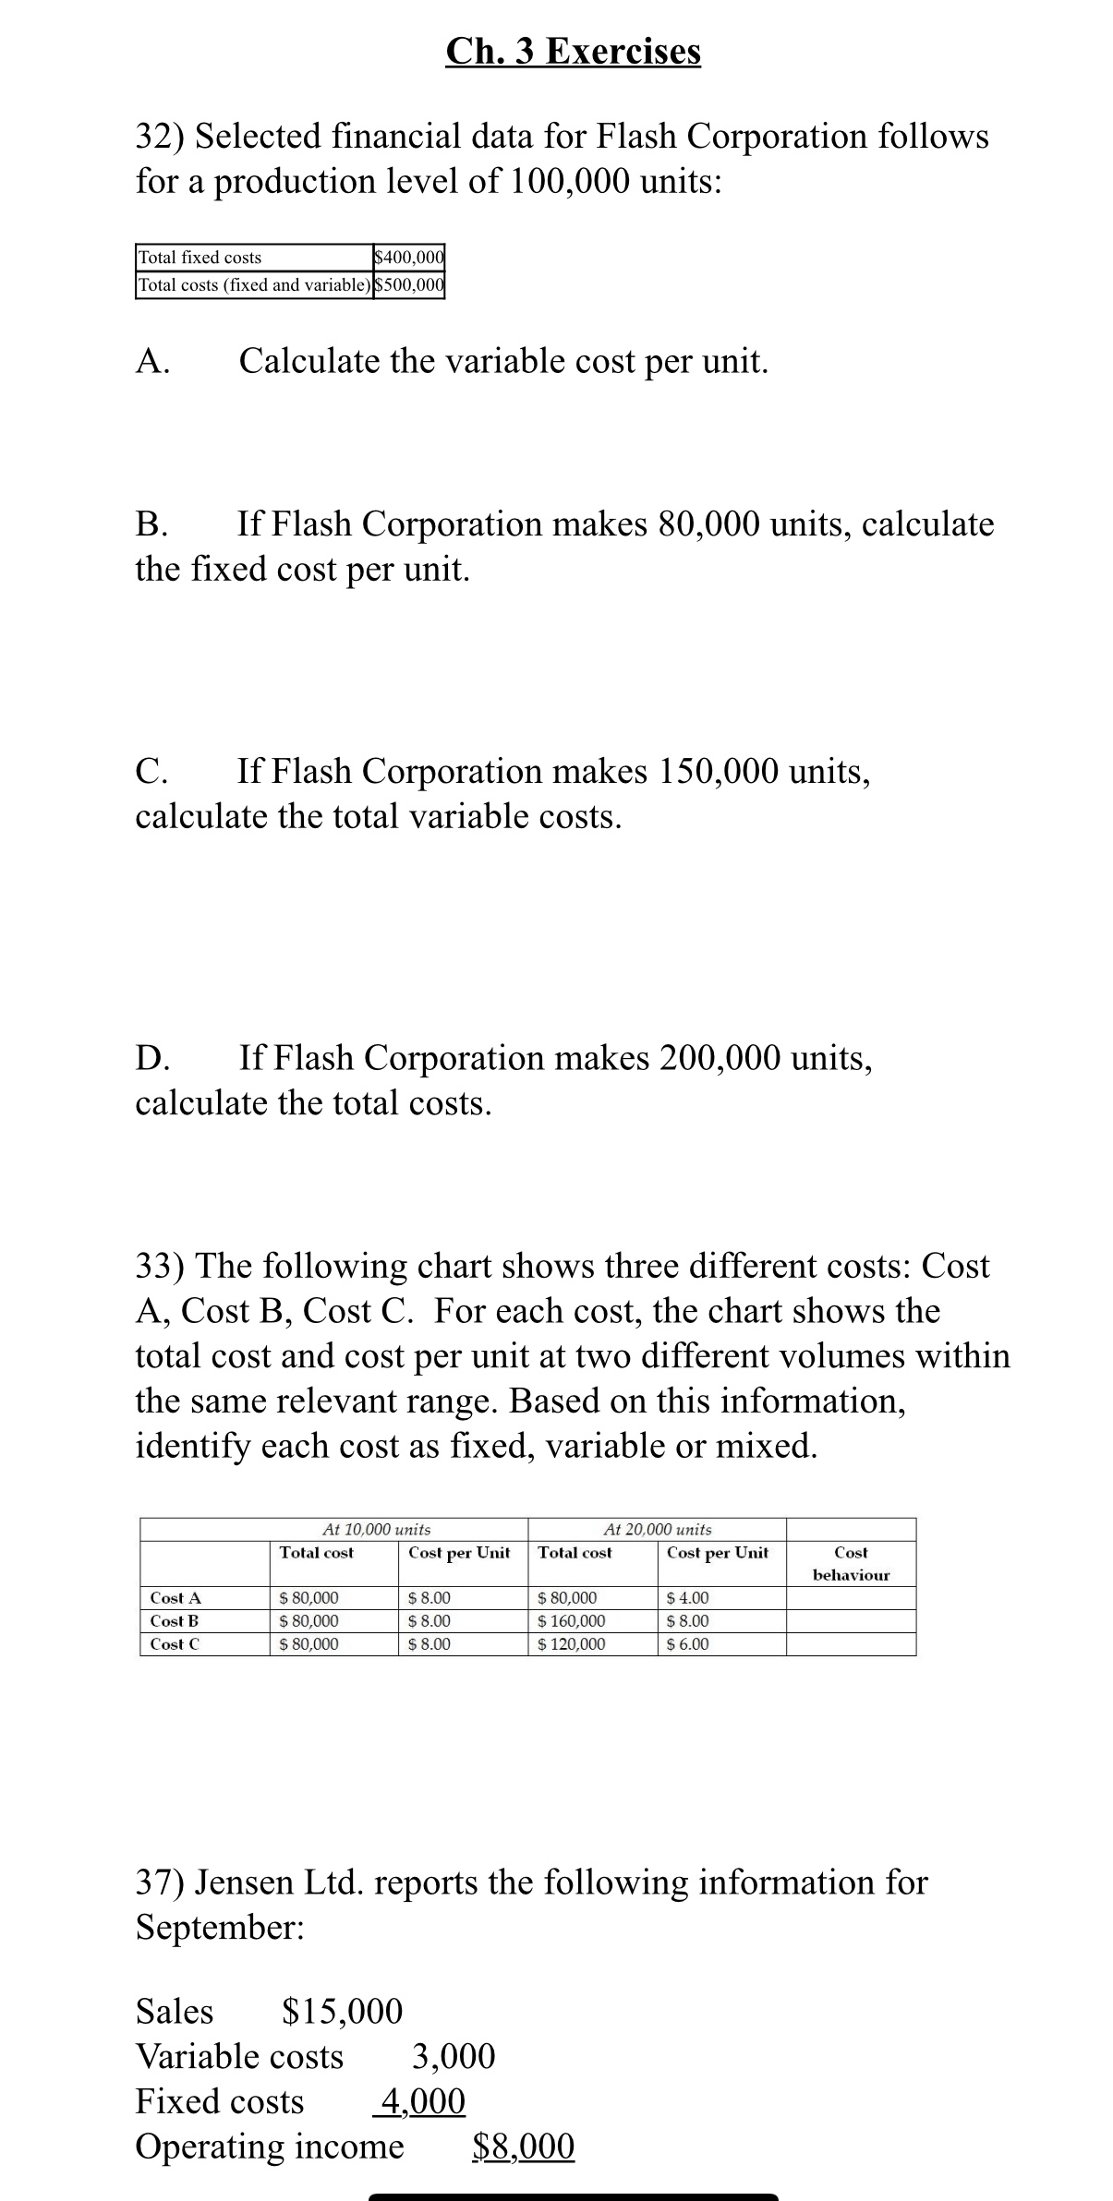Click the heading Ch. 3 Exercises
(573, 51)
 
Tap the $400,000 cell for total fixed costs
(409, 257)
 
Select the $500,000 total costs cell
(409, 284)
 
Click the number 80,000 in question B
(709, 523)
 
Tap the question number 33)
(161, 1266)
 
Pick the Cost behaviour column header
(850, 1564)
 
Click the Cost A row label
(175, 1597)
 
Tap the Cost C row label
(175, 1643)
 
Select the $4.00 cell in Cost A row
(687, 1597)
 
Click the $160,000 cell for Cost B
(572, 1620)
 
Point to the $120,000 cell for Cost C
(572, 1643)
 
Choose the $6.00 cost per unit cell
(687, 1643)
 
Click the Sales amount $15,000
(342, 2010)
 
